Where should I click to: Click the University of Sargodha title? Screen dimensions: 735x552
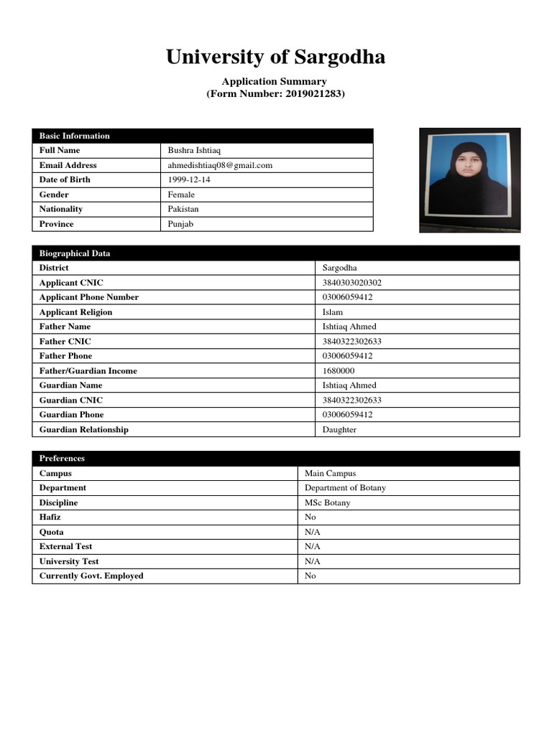pyautogui.click(x=275, y=57)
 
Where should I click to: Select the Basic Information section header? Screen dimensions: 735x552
pyautogui.click(x=75, y=136)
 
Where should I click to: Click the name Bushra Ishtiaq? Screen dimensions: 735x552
pyautogui.click(x=195, y=151)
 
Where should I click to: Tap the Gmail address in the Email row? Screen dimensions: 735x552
pyautogui.click(x=220, y=165)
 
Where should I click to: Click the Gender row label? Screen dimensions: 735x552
pyautogui.click(x=55, y=195)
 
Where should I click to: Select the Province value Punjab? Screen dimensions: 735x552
pyautogui.click(x=181, y=224)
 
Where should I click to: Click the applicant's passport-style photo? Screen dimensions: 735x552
pyautogui.click(x=469, y=179)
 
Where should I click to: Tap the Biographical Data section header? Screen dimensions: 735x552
pyautogui.click(x=75, y=253)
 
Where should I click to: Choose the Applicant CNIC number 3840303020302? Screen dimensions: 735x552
pyautogui.click(x=352, y=283)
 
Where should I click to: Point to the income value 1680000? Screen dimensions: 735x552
pyautogui.click(x=339, y=371)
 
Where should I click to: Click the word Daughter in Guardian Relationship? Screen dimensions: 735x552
pyautogui.click(x=340, y=430)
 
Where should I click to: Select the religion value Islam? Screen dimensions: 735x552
pyautogui.click(x=333, y=312)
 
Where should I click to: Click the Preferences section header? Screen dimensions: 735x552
pyautogui.click(x=62, y=459)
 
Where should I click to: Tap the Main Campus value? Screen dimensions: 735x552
pyautogui.click(x=330, y=474)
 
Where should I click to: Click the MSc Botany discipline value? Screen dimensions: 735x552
pyautogui.click(x=328, y=503)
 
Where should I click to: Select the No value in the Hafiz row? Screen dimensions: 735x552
pyautogui.click(x=310, y=518)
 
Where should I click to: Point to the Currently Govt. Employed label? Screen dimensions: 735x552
pyautogui.click(x=91, y=576)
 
